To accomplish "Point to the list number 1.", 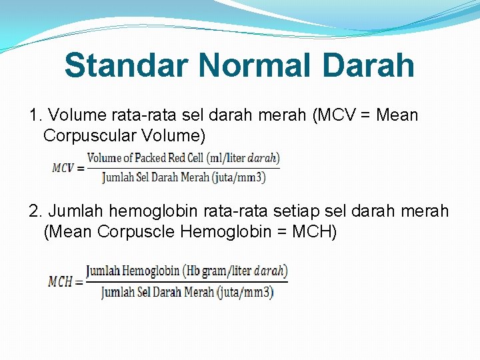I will click(x=35, y=116).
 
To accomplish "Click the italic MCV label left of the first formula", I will click(x=64, y=168).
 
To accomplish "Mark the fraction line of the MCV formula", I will click(x=183, y=167).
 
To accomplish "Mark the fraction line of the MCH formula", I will click(x=187, y=281).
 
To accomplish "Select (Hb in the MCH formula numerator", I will click(x=193, y=271).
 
